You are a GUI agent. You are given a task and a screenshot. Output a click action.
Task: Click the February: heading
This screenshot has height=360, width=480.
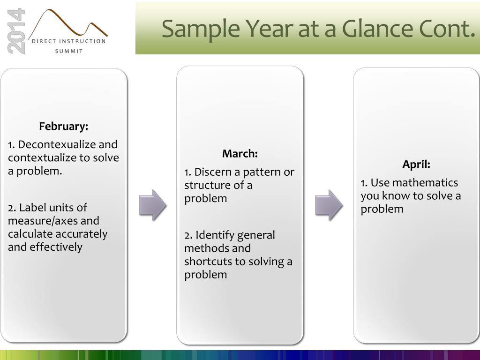click(x=63, y=126)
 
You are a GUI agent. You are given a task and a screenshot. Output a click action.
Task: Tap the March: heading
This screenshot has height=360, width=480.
click(x=240, y=153)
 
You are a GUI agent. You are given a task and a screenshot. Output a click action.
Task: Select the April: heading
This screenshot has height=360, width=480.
click(x=416, y=165)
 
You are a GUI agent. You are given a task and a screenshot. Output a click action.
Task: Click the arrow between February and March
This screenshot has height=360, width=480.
click(x=152, y=205)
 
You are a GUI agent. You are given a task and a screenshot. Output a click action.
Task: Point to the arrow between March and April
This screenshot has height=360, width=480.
click(x=329, y=205)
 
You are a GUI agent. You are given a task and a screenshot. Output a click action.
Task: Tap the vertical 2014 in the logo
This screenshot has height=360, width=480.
click(x=16, y=31)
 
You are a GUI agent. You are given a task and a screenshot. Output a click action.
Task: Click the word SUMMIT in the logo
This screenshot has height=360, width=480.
click(x=69, y=52)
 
